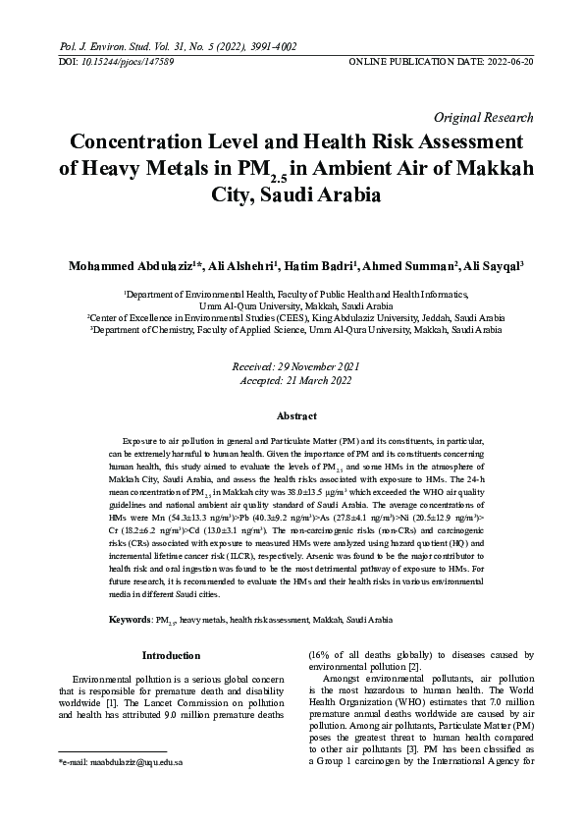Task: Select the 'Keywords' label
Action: pyautogui.click(x=129, y=620)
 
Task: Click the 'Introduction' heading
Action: pyautogui.click(x=172, y=655)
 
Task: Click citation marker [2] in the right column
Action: pyautogui.click(x=413, y=668)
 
